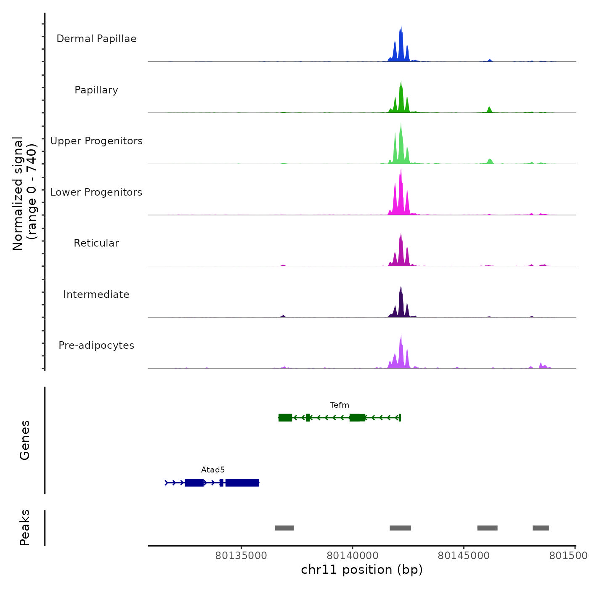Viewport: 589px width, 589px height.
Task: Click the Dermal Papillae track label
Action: [96, 39]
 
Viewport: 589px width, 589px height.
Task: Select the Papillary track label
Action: [96, 90]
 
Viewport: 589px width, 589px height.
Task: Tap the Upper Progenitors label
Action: [96, 141]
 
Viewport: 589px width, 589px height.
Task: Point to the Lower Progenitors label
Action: [96, 192]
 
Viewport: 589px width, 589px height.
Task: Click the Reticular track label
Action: [96, 243]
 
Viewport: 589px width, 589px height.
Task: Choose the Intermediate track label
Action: [96, 294]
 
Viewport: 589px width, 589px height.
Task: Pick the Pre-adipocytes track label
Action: [96, 345]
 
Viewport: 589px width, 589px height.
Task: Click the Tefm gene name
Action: [340, 405]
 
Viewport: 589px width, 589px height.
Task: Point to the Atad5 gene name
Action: [213, 470]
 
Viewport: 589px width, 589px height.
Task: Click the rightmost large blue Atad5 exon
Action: [242, 483]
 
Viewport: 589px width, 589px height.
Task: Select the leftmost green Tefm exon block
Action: [285, 417]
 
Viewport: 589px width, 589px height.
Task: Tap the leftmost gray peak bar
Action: [284, 528]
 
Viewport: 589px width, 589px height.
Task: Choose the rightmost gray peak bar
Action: [541, 528]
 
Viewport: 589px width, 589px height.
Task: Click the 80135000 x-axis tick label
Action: [241, 556]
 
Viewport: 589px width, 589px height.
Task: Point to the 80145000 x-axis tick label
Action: [464, 556]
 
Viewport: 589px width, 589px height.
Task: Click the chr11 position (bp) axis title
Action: [362, 570]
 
